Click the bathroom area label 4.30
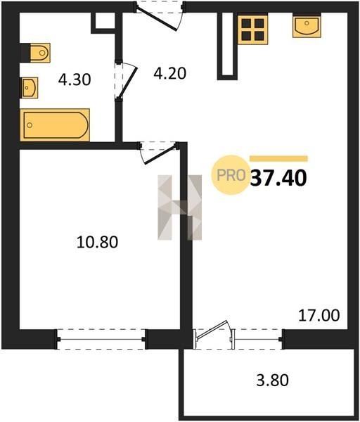(x=75, y=79)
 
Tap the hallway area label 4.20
(x=169, y=73)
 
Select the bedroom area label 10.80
(x=97, y=241)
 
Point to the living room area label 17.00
(x=319, y=315)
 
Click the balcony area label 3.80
(x=272, y=380)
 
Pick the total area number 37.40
(x=278, y=178)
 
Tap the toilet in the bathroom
(x=40, y=53)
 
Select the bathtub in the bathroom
(x=55, y=125)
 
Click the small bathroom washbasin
(x=30, y=87)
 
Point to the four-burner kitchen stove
(x=253, y=30)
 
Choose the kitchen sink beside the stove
(x=307, y=26)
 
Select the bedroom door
(x=159, y=155)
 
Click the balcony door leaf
(x=212, y=328)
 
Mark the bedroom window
(x=101, y=339)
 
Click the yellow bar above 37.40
(x=278, y=158)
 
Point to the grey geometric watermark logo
(x=180, y=207)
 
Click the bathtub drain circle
(x=30, y=125)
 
